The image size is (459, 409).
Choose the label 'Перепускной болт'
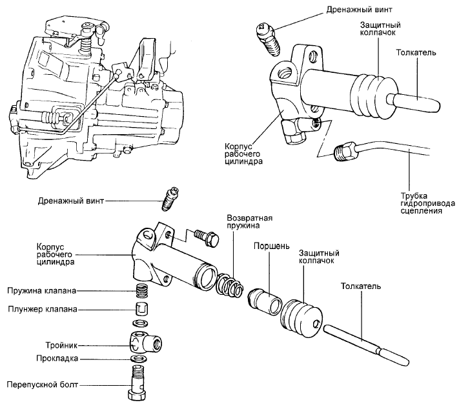43,385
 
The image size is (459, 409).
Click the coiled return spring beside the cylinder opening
229,284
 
